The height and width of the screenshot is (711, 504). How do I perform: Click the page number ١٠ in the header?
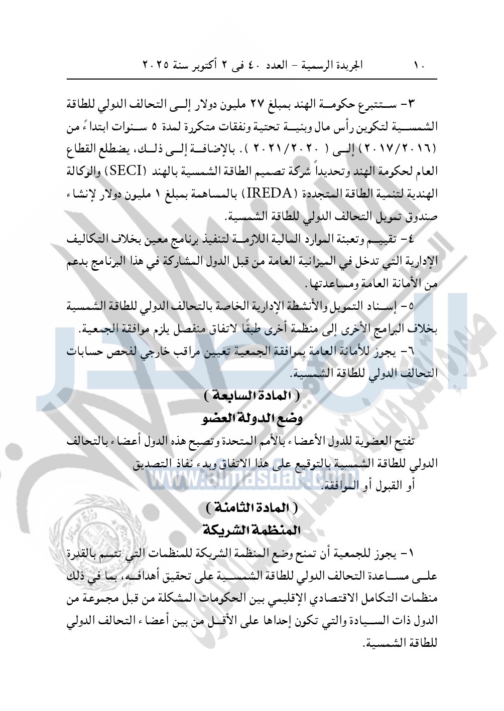tap(419, 66)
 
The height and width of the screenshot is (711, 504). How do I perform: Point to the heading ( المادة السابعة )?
tap(252, 396)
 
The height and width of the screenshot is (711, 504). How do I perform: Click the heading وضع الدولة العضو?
tap(252, 418)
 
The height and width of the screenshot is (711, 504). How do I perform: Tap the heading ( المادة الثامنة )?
tap(252, 508)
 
